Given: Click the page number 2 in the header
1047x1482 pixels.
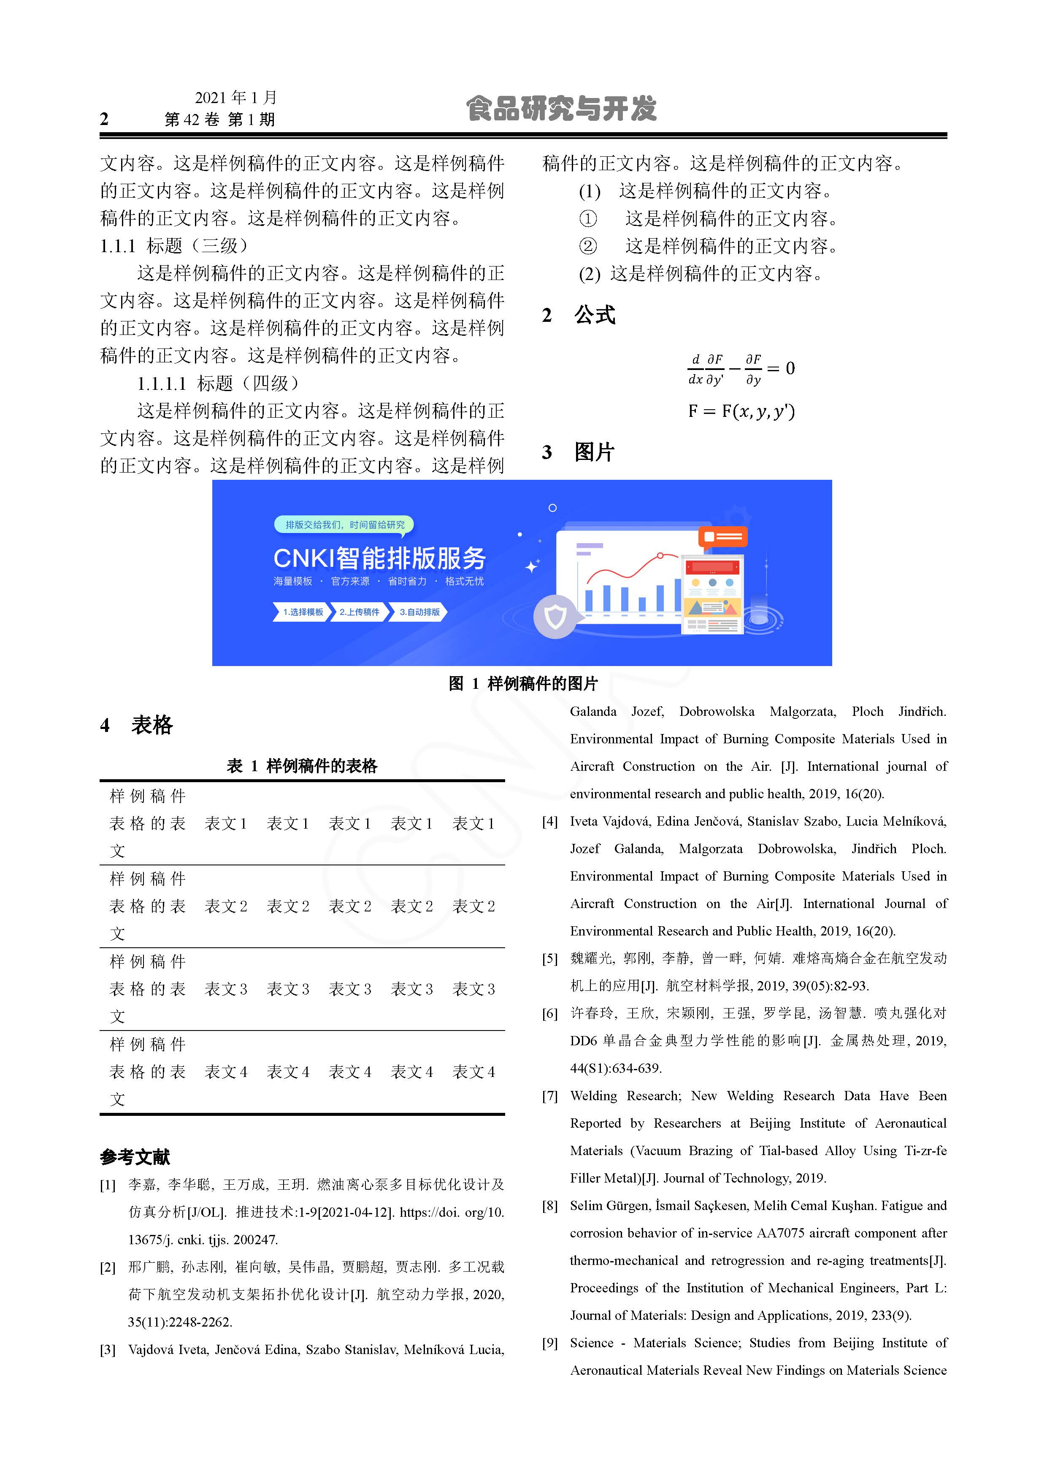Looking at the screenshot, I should (105, 119).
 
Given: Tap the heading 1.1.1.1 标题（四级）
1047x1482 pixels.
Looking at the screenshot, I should (218, 383).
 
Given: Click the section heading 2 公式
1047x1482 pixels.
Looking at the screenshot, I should (579, 315).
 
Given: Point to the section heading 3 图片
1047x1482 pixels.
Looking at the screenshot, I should (578, 452).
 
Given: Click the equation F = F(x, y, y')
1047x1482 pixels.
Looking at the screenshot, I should (741, 411).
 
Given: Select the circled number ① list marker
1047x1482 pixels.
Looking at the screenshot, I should (588, 219).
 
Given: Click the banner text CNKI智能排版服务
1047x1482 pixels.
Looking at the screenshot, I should (379, 558).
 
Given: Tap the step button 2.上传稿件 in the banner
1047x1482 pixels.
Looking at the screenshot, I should (359, 612).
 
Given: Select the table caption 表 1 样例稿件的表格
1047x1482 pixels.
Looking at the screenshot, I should (302, 766).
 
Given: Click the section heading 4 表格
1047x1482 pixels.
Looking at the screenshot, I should (137, 725).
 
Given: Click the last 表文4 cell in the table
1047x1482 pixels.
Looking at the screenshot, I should (473, 1072).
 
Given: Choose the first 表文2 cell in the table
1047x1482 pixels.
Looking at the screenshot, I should (226, 907).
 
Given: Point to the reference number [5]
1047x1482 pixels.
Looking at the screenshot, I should (549, 959).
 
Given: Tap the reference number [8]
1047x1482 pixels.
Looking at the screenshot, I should (549, 1206).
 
